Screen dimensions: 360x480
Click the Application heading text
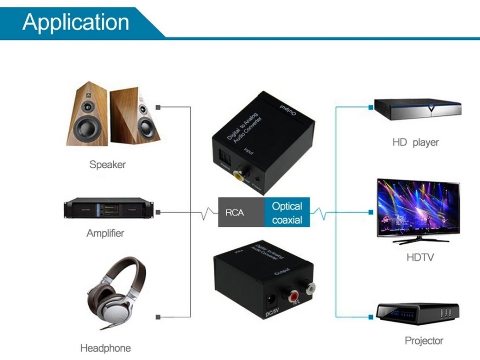75,22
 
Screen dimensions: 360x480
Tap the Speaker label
107,165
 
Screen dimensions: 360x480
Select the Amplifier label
105,233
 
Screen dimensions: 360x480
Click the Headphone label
105,348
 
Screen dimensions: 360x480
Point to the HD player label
415,142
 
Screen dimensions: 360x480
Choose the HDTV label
420,257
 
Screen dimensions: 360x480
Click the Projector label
424,341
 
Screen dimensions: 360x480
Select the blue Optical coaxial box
287,212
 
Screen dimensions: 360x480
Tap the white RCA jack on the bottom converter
307,286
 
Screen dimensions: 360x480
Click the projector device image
418,315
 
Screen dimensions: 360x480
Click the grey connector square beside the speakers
158,107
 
